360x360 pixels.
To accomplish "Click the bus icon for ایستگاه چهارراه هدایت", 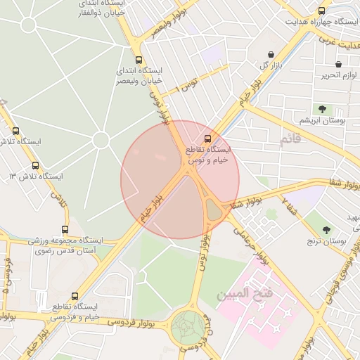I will tap(322, 11).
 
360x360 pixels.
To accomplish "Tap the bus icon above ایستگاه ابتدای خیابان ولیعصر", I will tap(139, 60).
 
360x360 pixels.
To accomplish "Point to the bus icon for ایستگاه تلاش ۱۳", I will tap(35, 165).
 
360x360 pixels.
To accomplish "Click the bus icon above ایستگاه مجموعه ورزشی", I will tap(65, 229).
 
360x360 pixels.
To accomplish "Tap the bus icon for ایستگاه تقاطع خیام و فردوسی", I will tap(75, 296).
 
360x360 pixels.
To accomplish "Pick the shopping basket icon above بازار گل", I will tap(271, 54).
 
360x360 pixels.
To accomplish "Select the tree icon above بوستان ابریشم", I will tap(323, 109).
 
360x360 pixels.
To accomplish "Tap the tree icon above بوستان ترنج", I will tap(326, 230).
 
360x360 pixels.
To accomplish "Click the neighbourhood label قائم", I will tap(290, 141).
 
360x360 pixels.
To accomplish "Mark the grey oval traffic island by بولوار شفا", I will tap(213, 207).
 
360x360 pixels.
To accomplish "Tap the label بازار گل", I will tap(271, 65).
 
